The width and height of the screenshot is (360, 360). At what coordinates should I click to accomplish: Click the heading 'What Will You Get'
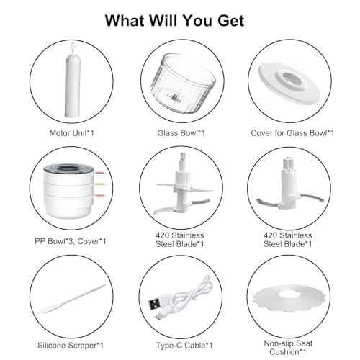pyautogui.click(x=174, y=21)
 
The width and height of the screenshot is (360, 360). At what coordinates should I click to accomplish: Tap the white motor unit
pyautogui.click(x=72, y=85)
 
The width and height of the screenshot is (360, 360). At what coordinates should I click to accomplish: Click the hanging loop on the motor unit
pyautogui.click(x=73, y=48)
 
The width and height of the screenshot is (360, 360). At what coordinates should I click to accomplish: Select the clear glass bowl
pyautogui.click(x=182, y=84)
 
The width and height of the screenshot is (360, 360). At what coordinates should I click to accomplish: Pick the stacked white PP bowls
pyautogui.click(x=68, y=190)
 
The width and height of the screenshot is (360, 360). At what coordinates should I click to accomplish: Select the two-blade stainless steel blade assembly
pyautogui.click(x=289, y=185)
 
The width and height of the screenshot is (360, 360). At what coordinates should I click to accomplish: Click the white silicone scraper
pyautogui.click(x=71, y=300)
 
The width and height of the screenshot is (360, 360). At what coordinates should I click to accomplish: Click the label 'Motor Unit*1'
pyautogui.click(x=71, y=133)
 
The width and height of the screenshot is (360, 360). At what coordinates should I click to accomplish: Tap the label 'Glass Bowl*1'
pyautogui.click(x=181, y=133)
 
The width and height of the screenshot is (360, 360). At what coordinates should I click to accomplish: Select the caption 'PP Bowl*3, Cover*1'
pyautogui.click(x=71, y=241)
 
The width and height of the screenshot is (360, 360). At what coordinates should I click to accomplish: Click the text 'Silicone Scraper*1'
pyautogui.click(x=71, y=346)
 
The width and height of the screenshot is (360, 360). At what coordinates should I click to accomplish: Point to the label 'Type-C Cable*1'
pyautogui.click(x=184, y=346)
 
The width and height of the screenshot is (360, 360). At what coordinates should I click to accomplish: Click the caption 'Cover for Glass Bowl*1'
pyautogui.click(x=292, y=133)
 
